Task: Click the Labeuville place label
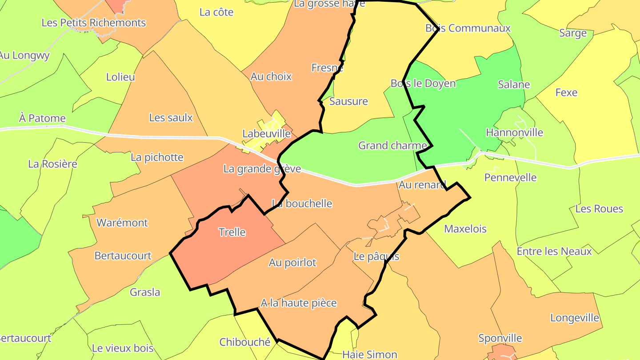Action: click(266, 133)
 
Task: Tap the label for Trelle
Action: click(232, 232)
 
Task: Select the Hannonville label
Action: click(514, 132)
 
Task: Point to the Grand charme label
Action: click(392, 145)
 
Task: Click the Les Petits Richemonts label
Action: click(93, 22)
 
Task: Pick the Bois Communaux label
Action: click(468, 28)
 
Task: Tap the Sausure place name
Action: click(348, 101)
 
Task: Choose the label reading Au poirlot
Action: click(292, 263)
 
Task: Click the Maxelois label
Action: click(465, 229)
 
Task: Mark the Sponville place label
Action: click(500, 338)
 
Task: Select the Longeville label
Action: click(575, 318)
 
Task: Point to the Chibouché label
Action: click(245, 342)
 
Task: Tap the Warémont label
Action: click(122, 223)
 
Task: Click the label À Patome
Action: click(42, 118)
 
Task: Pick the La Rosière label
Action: click(52, 164)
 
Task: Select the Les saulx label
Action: click(171, 118)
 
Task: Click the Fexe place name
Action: click(566, 92)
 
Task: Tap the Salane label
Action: click(514, 84)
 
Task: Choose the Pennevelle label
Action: click(510, 178)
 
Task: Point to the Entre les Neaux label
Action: click(554, 252)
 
